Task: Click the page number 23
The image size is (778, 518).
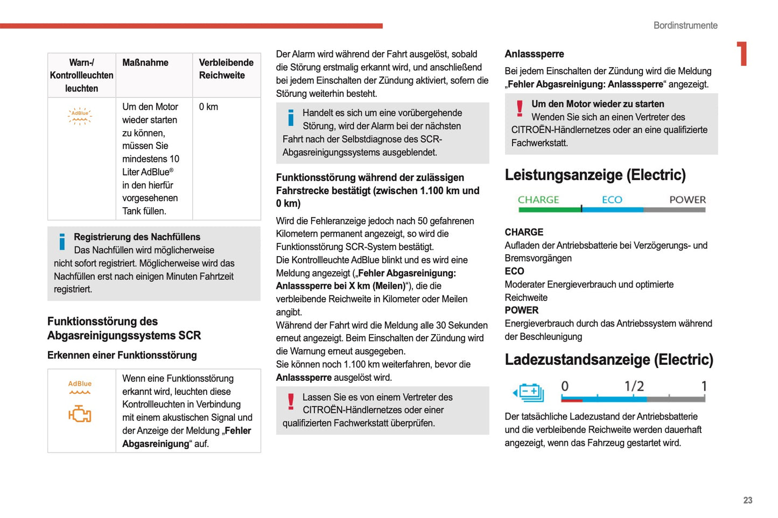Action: [747, 500]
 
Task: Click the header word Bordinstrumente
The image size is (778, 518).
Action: [685, 25]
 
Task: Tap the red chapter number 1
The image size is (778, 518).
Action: [742, 54]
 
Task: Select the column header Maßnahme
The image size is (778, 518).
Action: [145, 63]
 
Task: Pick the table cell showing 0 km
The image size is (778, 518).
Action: [208, 107]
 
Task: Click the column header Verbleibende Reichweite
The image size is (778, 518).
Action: [226, 69]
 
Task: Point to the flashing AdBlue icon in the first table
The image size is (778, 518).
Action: [80, 116]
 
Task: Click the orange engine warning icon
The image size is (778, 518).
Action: [80, 414]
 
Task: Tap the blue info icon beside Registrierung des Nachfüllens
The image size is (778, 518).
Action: [62, 242]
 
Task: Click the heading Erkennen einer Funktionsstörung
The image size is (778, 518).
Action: [122, 355]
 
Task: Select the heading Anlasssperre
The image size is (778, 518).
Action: [534, 54]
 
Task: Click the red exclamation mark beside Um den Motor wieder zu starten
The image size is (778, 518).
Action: [520, 109]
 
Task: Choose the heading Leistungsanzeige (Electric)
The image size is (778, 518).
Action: [595, 175]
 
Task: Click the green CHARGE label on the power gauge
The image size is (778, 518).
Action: [538, 200]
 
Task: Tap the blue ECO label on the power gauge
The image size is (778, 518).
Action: [612, 200]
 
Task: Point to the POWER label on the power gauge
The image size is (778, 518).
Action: [687, 200]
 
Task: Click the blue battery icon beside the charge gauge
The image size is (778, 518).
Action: [529, 393]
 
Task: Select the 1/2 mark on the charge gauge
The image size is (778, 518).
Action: [634, 386]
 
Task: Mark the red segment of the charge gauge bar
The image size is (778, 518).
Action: [571, 400]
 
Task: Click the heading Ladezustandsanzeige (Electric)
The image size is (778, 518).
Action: [608, 359]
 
